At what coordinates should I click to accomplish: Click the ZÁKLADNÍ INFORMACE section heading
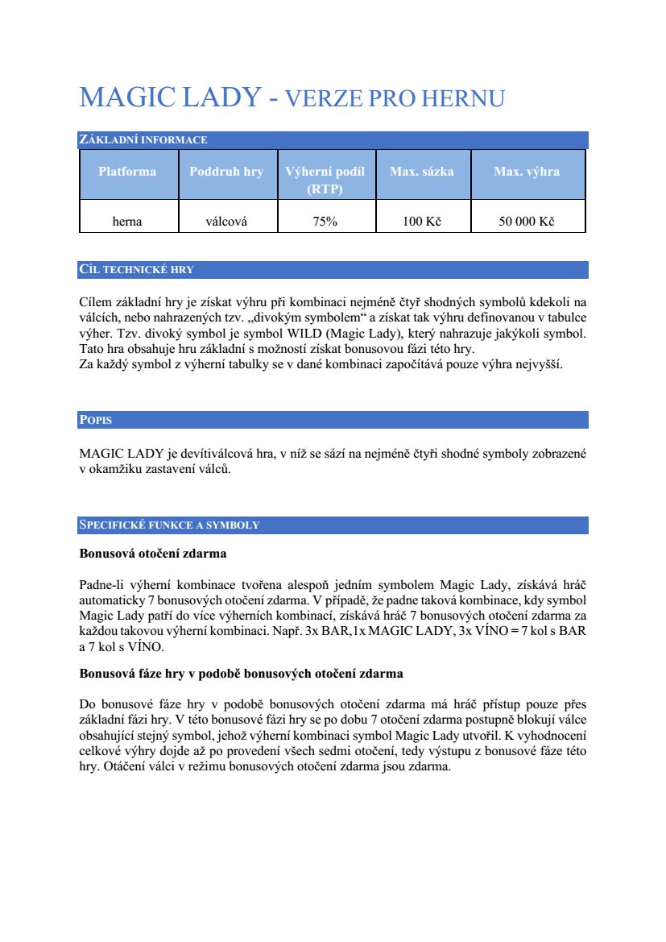pos(143,140)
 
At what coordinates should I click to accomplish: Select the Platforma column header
pos(127,172)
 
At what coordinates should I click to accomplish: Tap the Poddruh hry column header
pos(226,172)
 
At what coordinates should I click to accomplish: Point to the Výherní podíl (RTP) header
pos(325,181)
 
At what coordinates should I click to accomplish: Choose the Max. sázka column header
pos(421,172)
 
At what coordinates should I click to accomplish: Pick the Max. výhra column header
pos(527,172)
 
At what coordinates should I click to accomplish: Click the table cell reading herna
pos(127,222)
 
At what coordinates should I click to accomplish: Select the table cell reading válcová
pos(226,222)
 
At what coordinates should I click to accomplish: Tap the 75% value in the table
pos(325,222)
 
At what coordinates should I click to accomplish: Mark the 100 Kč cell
pos(422,222)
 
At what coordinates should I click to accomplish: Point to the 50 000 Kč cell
pos(527,222)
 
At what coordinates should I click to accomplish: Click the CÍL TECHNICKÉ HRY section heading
pos(136,270)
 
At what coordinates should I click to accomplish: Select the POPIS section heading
pos(96,421)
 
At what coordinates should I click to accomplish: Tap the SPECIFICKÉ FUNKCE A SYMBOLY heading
pos(169,525)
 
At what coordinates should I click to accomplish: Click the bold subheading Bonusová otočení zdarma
pos(153,554)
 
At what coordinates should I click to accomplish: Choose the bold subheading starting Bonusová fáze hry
pos(241,672)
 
